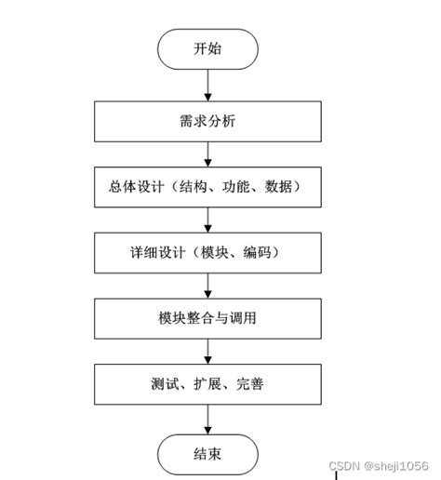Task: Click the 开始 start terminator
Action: point(207,48)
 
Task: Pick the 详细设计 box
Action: point(207,251)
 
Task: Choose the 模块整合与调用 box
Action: point(207,316)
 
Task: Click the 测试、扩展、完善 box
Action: point(207,381)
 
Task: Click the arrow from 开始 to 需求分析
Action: point(207,85)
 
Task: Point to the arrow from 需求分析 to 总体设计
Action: point(207,153)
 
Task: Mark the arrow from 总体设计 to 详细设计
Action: point(207,219)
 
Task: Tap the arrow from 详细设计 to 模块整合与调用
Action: point(207,284)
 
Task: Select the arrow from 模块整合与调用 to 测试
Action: point(207,349)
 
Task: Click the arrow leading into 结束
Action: point(207,417)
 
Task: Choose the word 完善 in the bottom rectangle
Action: point(248,381)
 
